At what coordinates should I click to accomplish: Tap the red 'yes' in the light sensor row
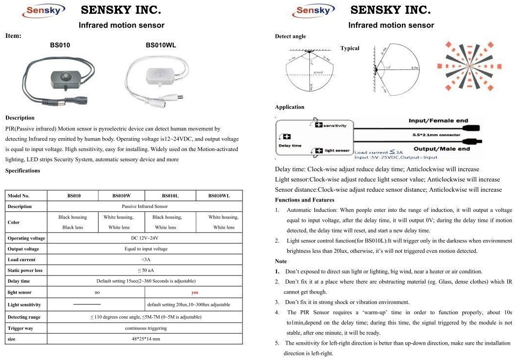pos(195,292)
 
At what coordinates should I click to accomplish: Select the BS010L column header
pos(170,196)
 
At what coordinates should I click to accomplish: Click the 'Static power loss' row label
pos(25,270)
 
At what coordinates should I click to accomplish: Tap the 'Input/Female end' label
pos(438,120)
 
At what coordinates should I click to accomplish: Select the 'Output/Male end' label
pos(441,149)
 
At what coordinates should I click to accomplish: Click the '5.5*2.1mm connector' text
pos(436,135)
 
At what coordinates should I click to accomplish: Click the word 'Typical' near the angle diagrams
pos(350,48)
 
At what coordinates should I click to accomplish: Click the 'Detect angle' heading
pos(290,36)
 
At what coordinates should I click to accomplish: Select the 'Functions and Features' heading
pos(304,200)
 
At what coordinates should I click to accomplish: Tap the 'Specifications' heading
pos(23,171)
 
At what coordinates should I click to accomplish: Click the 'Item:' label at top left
pos(13,35)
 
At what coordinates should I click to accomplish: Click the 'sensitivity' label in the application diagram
pos(335,125)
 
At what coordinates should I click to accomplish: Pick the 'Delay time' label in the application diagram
pos(290,146)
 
